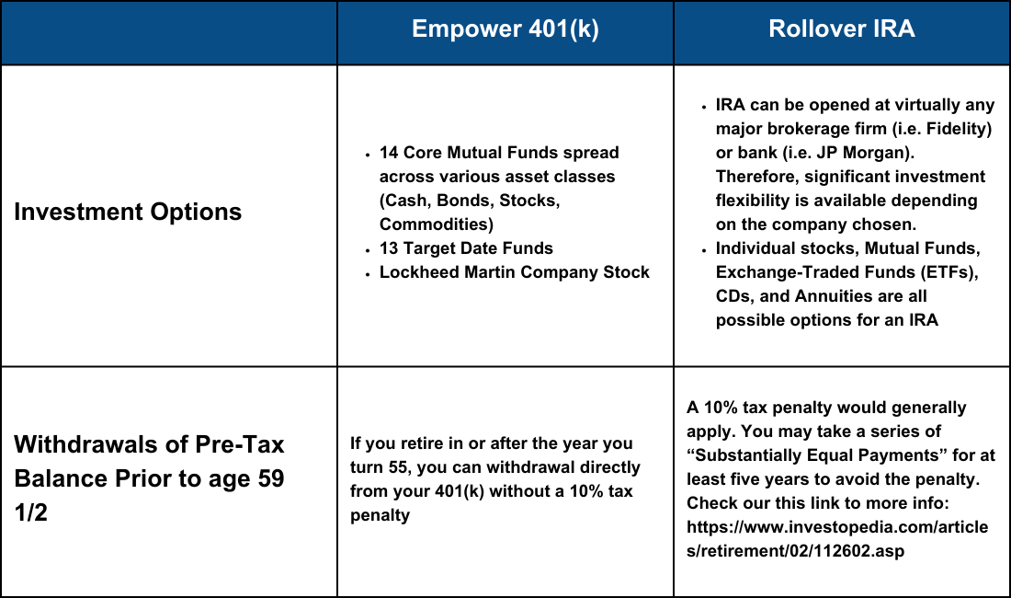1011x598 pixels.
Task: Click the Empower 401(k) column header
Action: [x=505, y=29]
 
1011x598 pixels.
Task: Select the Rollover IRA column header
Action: [x=841, y=29]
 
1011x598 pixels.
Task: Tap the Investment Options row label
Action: [x=128, y=212]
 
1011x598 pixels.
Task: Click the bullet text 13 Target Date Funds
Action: [x=466, y=248]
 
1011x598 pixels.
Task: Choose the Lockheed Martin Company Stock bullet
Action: [x=514, y=272]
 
